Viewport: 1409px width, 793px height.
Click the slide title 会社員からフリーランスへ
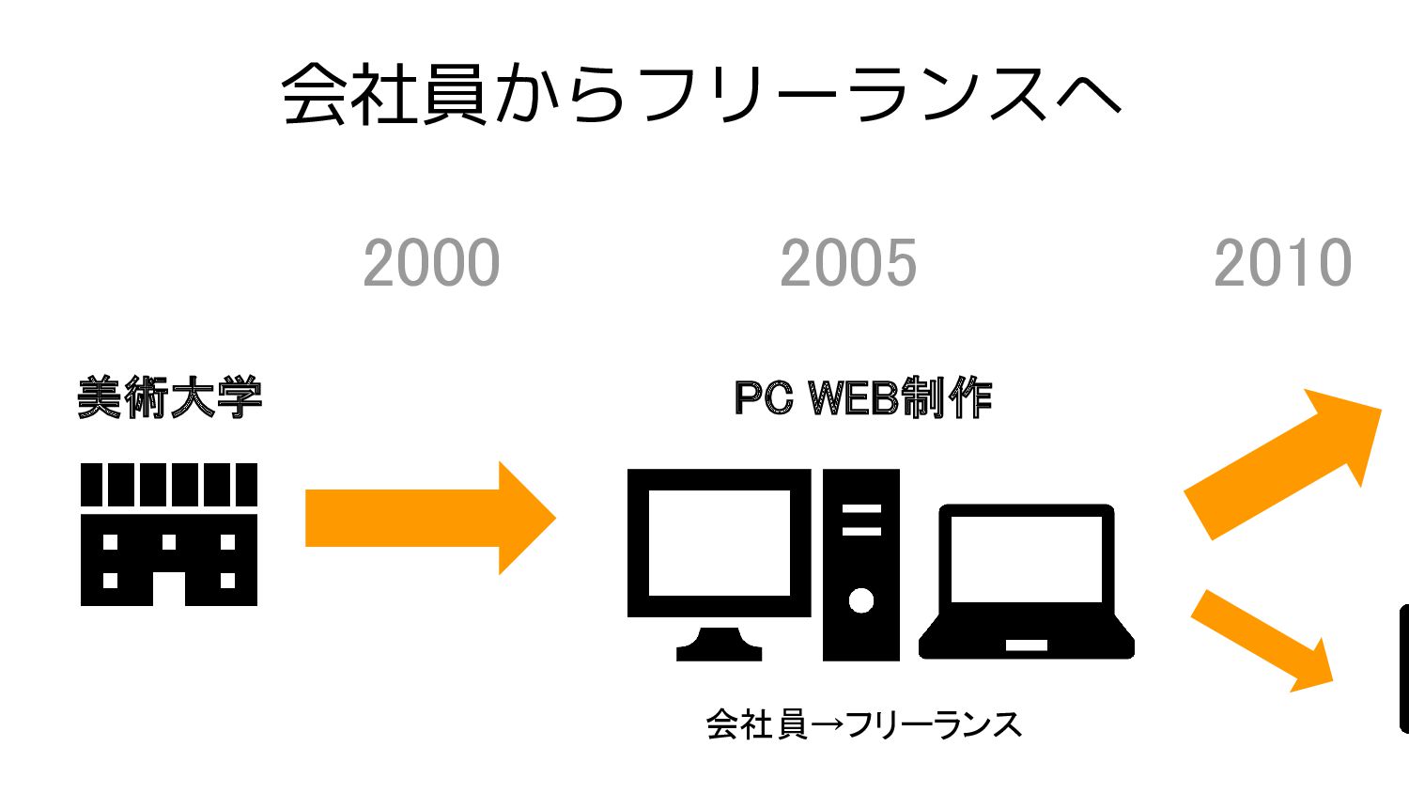point(702,94)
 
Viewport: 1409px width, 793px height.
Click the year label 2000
point(431,263)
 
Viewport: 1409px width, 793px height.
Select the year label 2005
point(848,263)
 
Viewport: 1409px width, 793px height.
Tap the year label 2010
point(1282,263)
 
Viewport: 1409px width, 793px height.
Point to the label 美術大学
point(169,397)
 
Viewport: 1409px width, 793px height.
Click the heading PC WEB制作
point(862,397)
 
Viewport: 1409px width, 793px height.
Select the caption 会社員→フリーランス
point(863,724)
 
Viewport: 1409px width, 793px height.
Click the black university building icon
point(169,534)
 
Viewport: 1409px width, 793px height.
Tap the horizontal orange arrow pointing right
point(430,518)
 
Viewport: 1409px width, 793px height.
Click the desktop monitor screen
point(720,542)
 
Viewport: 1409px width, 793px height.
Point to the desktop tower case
point(861,564)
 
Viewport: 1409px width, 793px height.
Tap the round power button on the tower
point(861,600)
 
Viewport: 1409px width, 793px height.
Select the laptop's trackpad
point(1026,645)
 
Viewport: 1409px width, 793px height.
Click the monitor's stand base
point(719,648)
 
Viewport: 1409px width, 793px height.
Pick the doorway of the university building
point(169,588)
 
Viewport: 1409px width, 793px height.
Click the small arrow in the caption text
point(826,725)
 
